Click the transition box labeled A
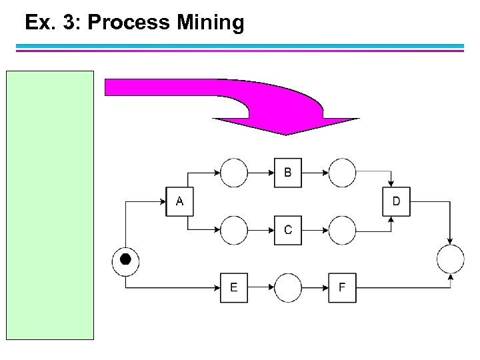[179, 201]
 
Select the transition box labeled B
[287, 173]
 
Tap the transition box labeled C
[287, 230]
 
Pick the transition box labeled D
[396, 201]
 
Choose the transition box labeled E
[233, 288]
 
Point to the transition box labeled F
[341, 288]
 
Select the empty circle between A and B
[233, 173]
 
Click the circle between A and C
[233, 230]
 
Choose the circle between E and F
[287, 288]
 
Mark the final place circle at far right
[450, 259]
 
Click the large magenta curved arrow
[267, 100]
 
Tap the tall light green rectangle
[51, 205]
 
